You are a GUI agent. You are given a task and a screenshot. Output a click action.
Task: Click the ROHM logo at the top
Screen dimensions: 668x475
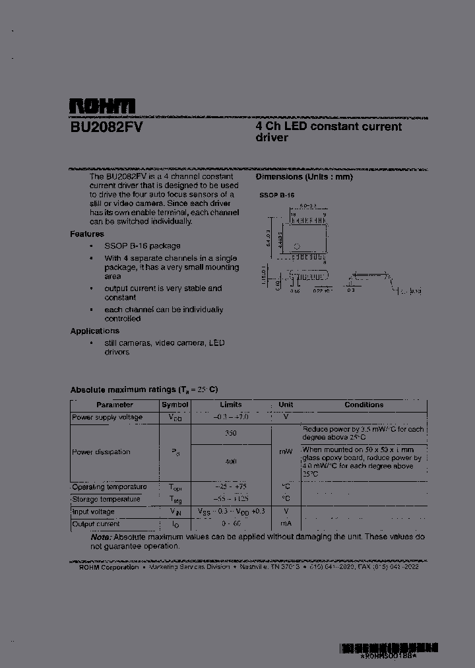point(102,106)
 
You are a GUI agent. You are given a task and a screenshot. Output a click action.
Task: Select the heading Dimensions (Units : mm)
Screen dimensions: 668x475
point(304,177)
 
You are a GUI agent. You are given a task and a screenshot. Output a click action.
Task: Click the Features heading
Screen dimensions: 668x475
point(87,234)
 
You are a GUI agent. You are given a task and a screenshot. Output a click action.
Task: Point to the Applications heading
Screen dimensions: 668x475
point(95,331)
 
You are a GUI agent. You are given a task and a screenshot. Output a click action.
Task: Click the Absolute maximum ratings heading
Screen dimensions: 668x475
point(144,389)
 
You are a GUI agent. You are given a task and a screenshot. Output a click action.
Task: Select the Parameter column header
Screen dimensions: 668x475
point(115,405)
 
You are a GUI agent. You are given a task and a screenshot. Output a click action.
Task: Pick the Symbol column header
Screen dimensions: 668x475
point(175,405)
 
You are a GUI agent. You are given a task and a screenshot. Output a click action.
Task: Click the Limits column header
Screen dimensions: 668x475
point(231,405)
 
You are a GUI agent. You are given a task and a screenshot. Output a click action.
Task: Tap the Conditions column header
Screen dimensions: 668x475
point(364,405)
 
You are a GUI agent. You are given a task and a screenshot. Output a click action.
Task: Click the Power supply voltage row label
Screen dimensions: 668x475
point(107,417)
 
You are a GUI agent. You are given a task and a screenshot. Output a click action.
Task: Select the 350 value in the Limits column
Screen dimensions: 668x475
point(231,434)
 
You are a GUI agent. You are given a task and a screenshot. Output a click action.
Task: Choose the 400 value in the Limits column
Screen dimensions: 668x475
point(231,462)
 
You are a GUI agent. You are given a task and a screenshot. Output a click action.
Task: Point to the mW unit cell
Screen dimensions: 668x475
point(286,451)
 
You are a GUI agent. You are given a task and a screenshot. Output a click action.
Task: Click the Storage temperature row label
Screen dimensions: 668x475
point(106,499)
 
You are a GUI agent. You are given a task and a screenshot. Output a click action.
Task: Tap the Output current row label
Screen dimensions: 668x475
point(96,523)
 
